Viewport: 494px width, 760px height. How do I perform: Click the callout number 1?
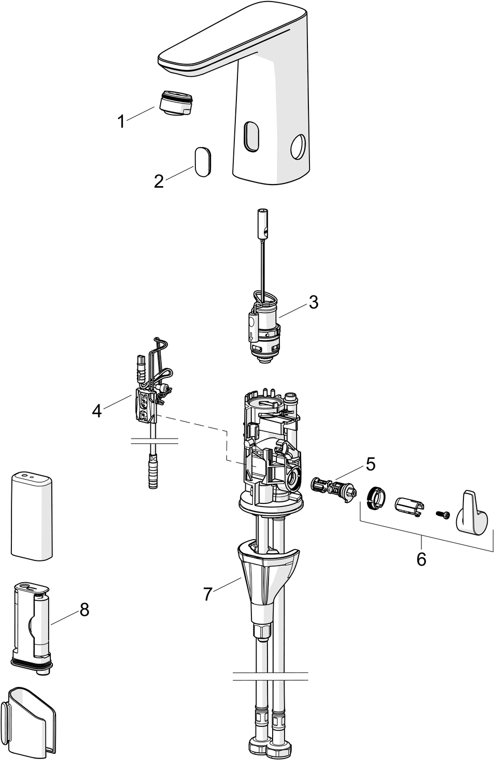coord(121,122)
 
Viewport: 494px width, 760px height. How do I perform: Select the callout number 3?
coord(313,302)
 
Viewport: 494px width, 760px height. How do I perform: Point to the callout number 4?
coord(97,411)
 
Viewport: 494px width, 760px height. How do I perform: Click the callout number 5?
coord(370,463)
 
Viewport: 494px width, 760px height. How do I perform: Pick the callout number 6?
coord(421,559)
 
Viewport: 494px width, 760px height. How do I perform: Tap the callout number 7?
coord(207,594)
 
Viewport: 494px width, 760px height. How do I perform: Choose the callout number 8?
coord(84,610)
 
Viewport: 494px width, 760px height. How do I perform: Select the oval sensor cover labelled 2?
coord(202,161)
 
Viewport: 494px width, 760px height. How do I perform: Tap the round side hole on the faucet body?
coord(299,147)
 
